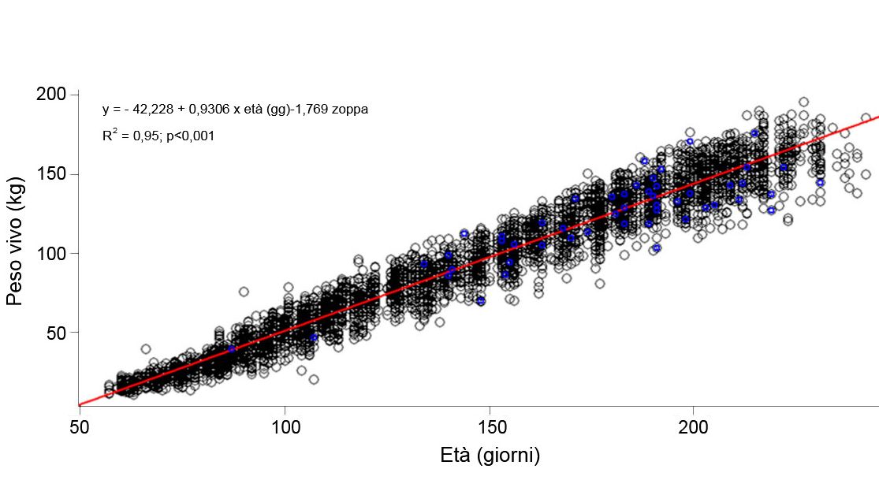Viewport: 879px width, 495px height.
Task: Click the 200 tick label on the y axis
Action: tap(53, 95)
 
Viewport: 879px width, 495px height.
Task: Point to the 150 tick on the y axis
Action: tap(53, 174)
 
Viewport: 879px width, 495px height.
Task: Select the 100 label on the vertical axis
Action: tap(53, 254)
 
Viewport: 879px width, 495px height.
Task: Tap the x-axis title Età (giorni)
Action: tap(490, 456)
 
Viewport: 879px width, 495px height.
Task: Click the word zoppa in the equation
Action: tap(351, 110)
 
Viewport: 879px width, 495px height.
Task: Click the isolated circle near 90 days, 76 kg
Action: tap(244, 292)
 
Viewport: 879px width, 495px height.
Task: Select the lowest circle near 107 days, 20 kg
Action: tap(314, 379)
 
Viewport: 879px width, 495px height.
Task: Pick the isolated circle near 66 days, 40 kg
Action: tap(146, 348)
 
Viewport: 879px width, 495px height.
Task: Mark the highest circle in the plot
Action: tap(803, 102)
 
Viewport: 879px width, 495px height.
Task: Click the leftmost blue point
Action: tap(232, 348)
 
